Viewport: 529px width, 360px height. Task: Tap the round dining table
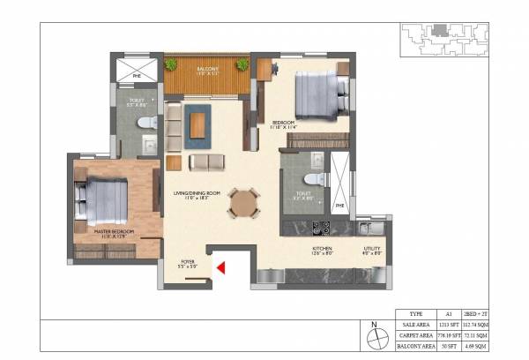coord(243,202)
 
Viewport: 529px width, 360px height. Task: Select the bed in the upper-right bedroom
coord(316,93)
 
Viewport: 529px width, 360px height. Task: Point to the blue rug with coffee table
coord(197,124)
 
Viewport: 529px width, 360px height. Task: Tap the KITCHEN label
coord(323,251)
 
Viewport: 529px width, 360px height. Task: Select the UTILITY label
coord(372,251)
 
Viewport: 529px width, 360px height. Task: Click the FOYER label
coord(187,262)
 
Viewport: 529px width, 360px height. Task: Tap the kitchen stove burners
coord(321,228)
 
